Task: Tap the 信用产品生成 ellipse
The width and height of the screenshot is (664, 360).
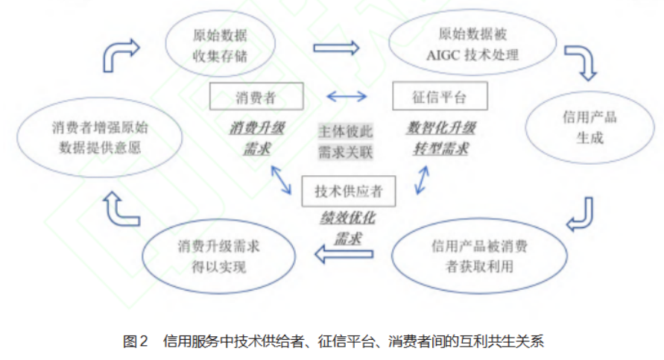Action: coord(581,127)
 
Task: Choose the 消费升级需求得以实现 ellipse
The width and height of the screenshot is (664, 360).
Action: coord(212,256)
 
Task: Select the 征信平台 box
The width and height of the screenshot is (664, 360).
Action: coord(440,96)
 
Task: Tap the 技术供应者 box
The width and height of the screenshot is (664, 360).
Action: coord(348,191)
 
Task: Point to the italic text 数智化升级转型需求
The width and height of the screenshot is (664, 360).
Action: coord(440,137)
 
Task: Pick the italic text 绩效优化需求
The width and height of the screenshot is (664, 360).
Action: coord(349,229)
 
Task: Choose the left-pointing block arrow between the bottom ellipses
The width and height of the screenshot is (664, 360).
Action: coord(342,256)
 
